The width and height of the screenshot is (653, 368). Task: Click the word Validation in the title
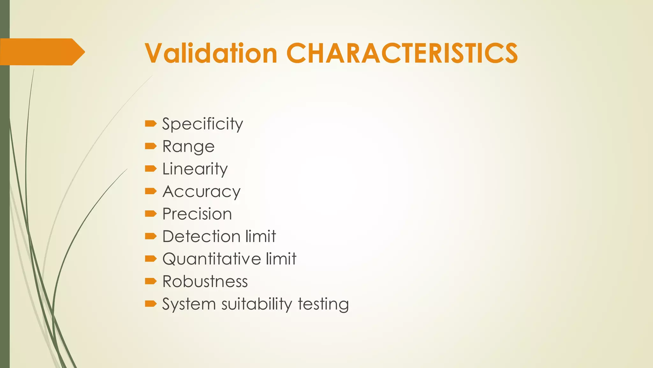click(x=211, y=53)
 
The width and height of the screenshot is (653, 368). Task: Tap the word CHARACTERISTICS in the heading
click(x=402, y=53)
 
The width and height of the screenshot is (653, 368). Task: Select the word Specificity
click(x=202, y=124)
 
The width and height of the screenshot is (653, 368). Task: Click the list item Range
click(x=188, y=147)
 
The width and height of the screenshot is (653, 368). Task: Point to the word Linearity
click(x=195, y=169)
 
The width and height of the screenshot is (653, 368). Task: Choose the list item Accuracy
click(x=202, y=192)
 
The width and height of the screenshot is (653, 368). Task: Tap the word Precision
click(x=197, y=214)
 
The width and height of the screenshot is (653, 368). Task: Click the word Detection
click(x=201, y=237)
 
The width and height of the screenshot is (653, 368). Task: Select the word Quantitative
click(x=211, y=259)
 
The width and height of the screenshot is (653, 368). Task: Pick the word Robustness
click(x=205, y=282)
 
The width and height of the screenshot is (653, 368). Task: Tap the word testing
click(x=323, y=304)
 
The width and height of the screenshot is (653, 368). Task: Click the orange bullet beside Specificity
click(x=150, y=124)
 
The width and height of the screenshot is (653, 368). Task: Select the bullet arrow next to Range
click(x=150, y=146)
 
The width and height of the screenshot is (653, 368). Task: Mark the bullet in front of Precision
click(x=150, y=214)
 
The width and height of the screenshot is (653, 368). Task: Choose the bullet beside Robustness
click(x=150, y=281)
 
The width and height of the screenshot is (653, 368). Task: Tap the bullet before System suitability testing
click(x=150, y=304)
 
